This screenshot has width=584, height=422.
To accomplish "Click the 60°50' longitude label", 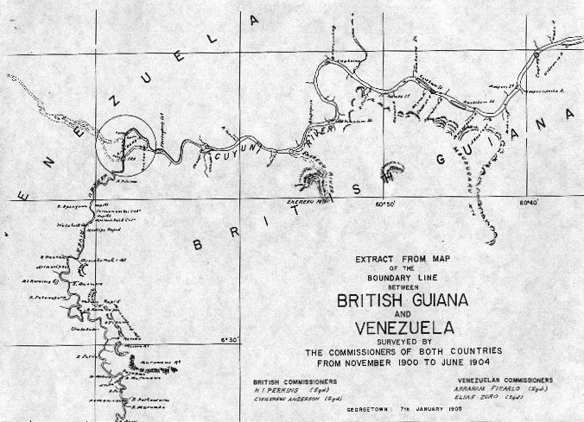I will [384, 204].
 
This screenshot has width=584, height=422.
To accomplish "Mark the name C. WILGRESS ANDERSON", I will [292, 397].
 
